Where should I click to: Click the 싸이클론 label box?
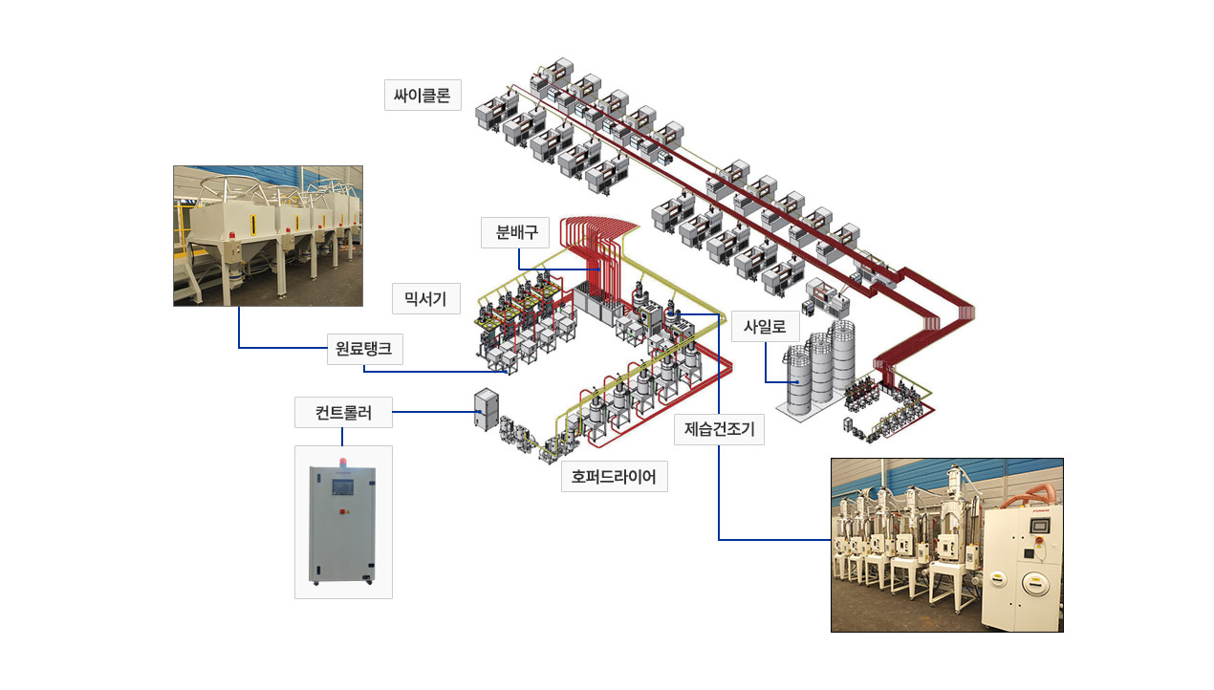point(423,96)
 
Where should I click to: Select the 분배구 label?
point(515,232)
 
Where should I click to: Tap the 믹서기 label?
point(426,299)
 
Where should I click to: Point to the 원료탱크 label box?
point(364,349)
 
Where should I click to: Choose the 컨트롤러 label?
point(343,413)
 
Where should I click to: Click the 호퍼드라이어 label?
point(614,477)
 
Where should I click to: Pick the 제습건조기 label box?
point(719,429)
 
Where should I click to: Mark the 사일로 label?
point(766,326)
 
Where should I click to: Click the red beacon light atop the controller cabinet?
point(342,463)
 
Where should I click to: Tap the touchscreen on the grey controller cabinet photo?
point(342,487)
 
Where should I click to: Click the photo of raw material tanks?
point(269,236)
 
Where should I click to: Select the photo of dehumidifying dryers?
point(947,546)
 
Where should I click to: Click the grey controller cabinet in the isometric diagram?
point(487,409)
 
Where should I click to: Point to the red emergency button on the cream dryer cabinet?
point(1039,540)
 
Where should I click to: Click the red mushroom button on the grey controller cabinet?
point(341,511)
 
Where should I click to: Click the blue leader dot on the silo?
point(797,382)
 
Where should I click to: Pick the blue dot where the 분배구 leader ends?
point(598,270)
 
